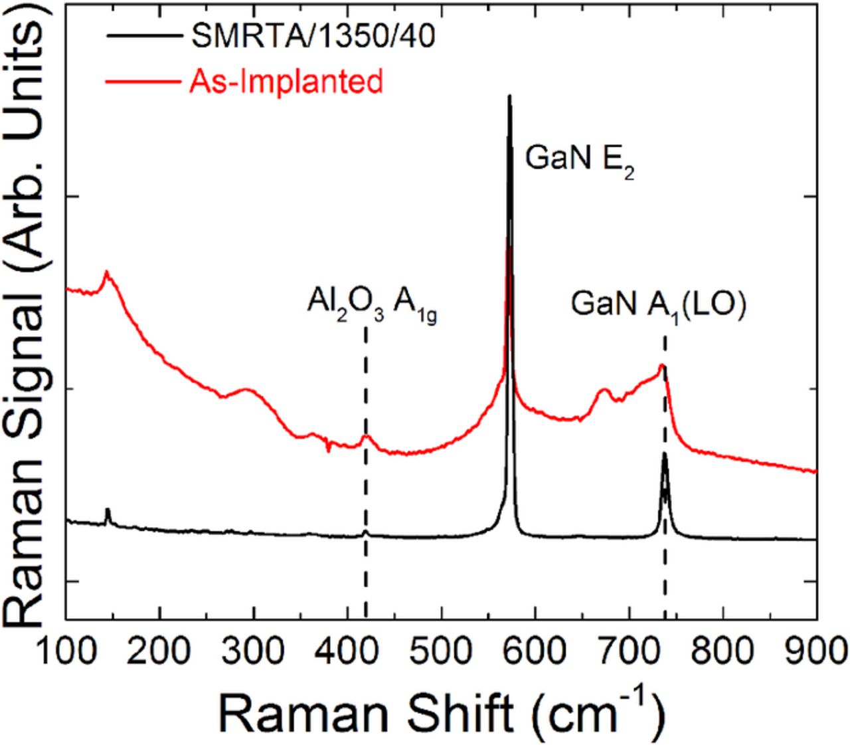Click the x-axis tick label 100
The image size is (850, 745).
(65, 648)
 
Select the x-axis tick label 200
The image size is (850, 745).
(159, 648)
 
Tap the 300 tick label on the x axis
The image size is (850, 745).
(253, 648)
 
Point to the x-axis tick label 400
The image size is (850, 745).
(347, 648)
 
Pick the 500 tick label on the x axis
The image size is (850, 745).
(441, 648)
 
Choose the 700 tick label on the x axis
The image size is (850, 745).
(629, 648)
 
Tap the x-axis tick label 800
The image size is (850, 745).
(722, 648)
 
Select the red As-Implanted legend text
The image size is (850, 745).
(282, 81)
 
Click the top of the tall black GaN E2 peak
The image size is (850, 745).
(509, 96)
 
